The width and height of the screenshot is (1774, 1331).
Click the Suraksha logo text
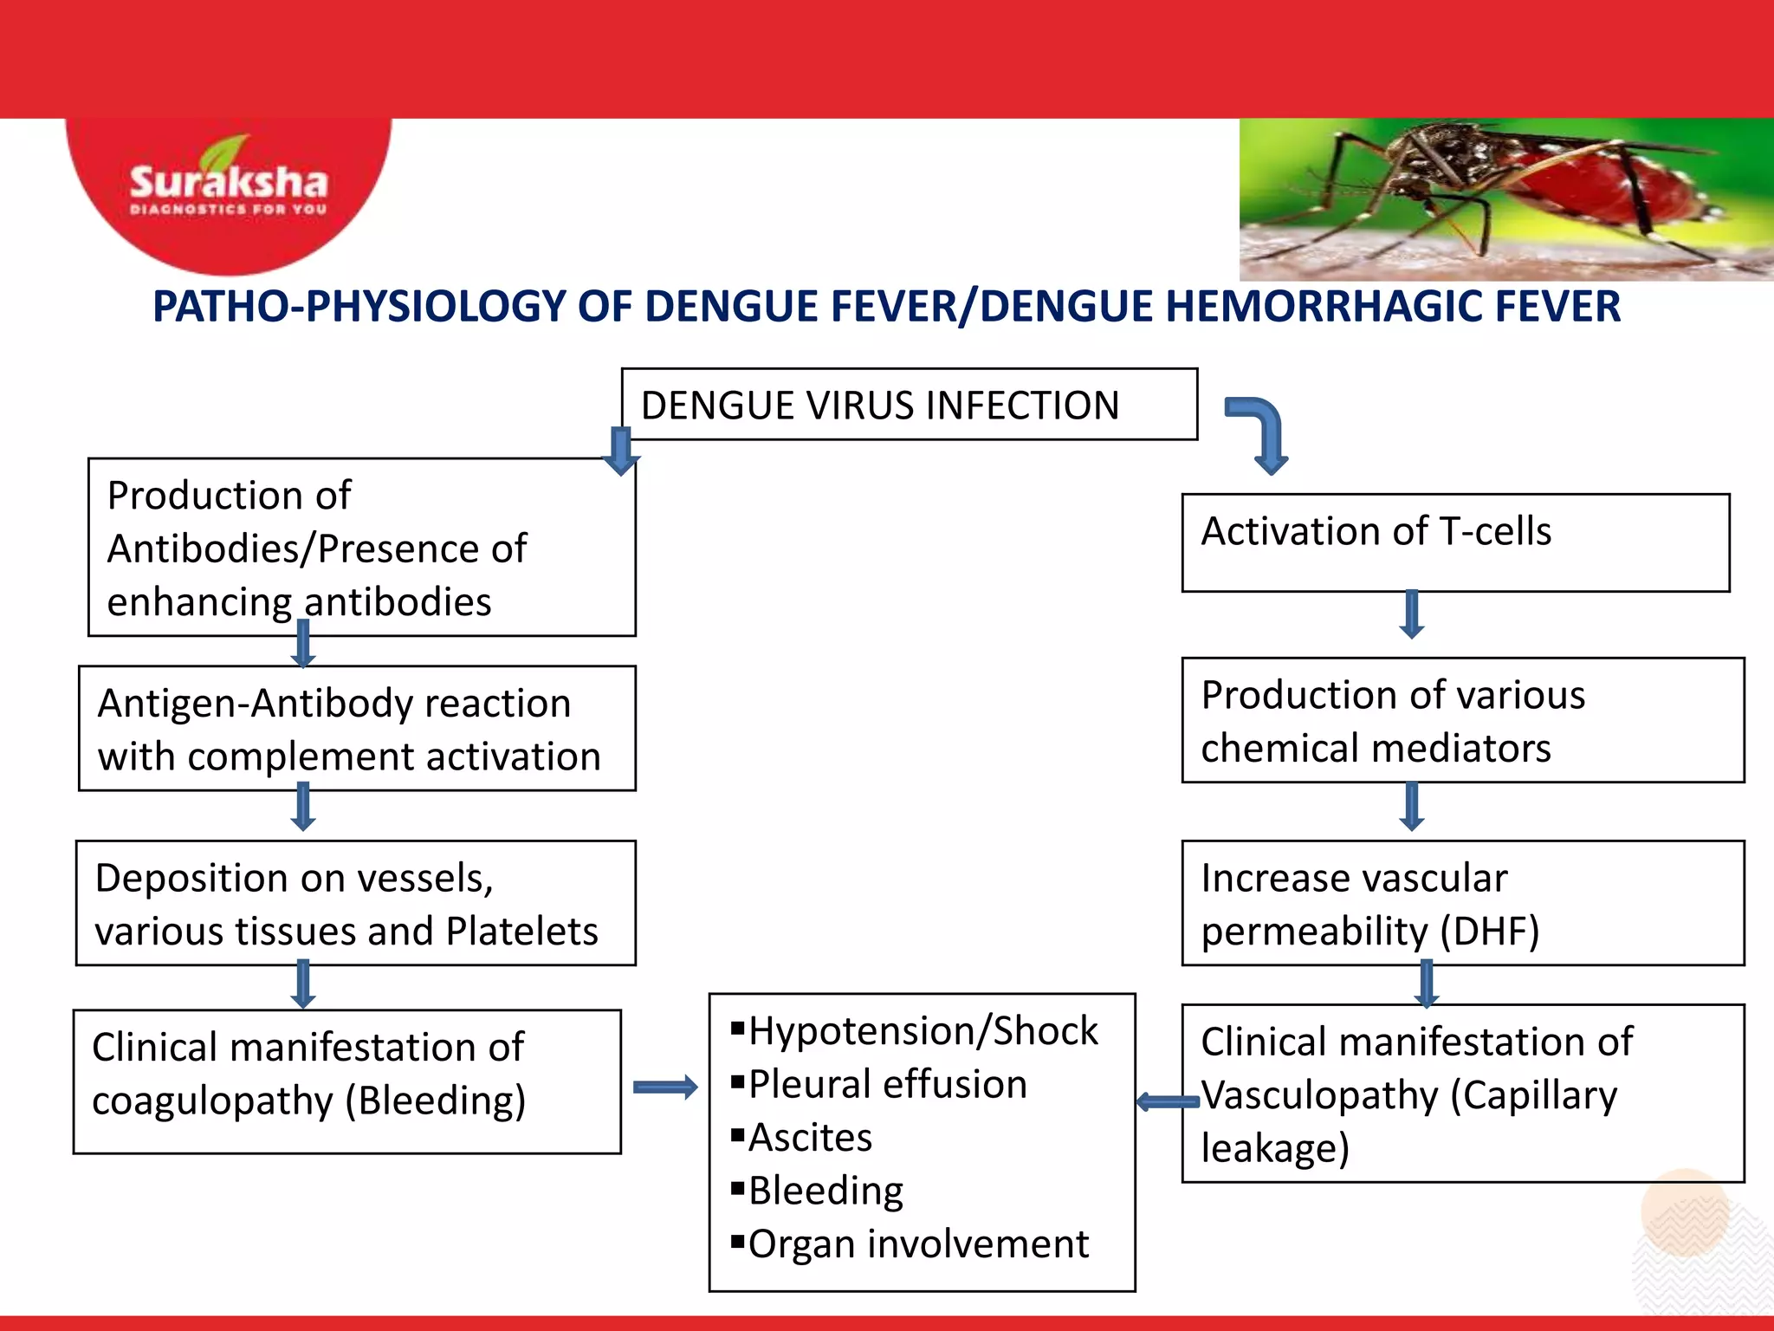point(229,183)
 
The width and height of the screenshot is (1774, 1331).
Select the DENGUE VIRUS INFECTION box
point(909,405)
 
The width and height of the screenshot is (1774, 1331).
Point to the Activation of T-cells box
point(1455,542)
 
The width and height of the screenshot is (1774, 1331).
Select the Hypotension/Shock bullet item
point(922,1031)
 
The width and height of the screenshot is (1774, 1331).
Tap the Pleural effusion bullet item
point(887,1084)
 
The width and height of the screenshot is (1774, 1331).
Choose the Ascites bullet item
point(810,1138)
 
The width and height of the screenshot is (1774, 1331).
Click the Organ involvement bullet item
point(918,1244)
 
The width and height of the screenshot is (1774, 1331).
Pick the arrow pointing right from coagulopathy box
point(664,1087)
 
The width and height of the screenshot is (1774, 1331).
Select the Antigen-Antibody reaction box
point(357,729)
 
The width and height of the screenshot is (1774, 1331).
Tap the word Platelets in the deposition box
point(521,932)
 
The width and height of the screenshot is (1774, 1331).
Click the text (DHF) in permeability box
point(1489,932)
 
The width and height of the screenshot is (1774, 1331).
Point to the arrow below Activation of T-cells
point(1412,614)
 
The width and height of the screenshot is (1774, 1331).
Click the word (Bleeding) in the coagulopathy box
point(436,1101)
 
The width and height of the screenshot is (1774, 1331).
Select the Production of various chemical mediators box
point(1462,720)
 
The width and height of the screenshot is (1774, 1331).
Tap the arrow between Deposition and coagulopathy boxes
point(303,984)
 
